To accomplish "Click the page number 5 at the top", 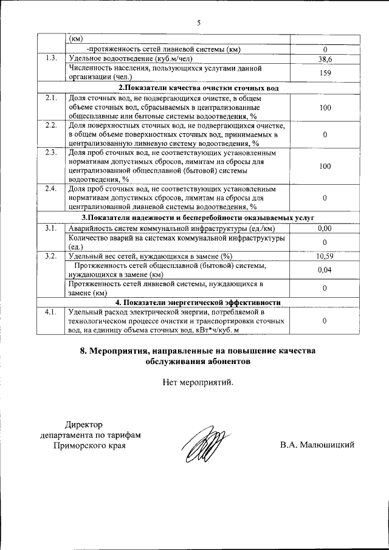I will click(198, 22).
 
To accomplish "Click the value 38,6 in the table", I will click(325, 59).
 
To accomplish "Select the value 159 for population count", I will click(325, 72).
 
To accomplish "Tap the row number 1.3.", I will click(52, 58).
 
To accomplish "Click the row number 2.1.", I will click(52, 98).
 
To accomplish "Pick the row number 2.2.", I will click(52, 125).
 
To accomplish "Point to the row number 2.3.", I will click(52, 153).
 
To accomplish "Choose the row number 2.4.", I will click(52, 189).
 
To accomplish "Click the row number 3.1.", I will click(52, 229).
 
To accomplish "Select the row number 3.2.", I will click(52, 256).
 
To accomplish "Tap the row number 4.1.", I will click(52, 312).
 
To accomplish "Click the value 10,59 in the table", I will click(325, 256).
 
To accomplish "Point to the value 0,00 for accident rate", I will click(325, 229).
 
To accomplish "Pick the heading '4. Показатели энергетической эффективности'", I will click(199, 303).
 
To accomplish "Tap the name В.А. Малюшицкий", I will click(317, 445).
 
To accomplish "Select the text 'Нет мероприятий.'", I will click(198, 382).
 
